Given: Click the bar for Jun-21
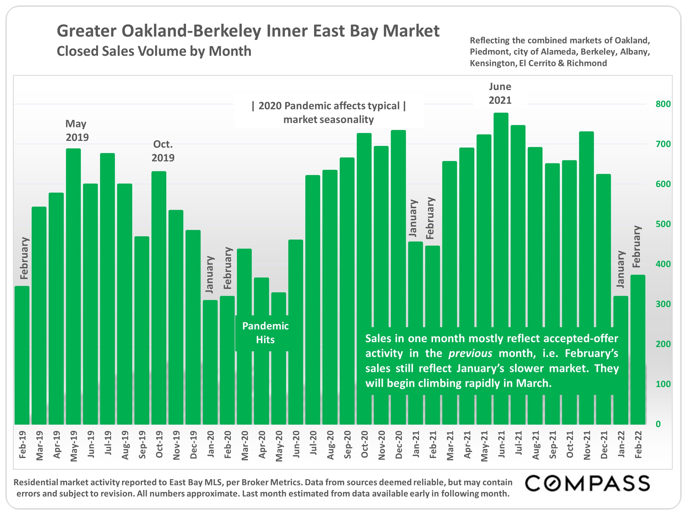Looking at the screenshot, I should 501,217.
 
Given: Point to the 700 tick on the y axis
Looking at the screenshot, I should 663,144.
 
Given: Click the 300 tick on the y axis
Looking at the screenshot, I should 663,304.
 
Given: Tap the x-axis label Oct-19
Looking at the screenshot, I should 159,444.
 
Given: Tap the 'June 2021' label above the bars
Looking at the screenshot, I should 500,93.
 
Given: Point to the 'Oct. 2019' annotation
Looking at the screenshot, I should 163,151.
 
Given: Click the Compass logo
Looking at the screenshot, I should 587,484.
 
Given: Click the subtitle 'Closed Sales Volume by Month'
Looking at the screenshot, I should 154,51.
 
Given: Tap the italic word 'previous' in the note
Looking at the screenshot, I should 470,353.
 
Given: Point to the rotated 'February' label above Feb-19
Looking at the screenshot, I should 24,258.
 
